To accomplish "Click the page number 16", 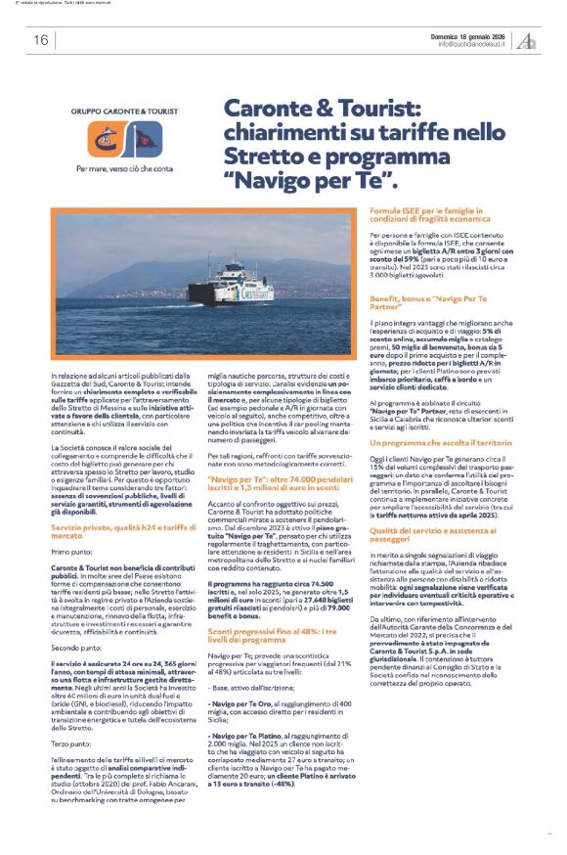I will point(40,40).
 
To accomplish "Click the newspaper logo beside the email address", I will point(527,40).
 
